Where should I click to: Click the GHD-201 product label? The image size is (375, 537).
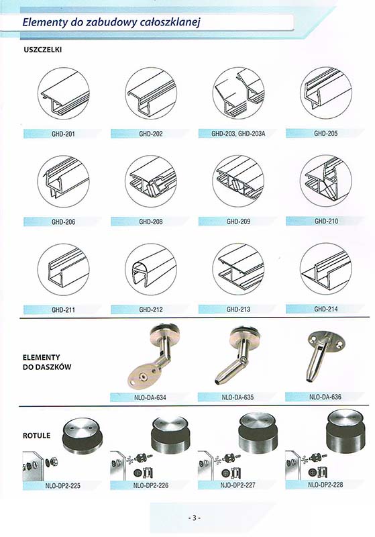tap(63, 134)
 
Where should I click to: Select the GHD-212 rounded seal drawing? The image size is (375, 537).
tap(150, 269)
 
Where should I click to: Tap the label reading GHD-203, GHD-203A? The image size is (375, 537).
tap(238, 134)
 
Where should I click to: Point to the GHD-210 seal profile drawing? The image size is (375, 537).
tap(326, 181)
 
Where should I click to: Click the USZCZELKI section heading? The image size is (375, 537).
tap(42, 50)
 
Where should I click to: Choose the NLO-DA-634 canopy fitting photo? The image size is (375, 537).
tap(152, 356)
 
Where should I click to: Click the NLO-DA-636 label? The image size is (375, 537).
tap(325, 397)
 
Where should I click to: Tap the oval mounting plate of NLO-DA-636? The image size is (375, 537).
tap(325, 340)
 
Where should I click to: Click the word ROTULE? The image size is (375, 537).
tap(37, 436)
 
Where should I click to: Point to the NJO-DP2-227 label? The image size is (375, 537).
tap(237, 485)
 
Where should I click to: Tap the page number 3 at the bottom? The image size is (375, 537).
tap(194, 518)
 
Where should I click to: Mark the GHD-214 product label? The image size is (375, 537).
tap(326, 309)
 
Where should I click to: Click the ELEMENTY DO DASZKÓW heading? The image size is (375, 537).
tap(47, 362)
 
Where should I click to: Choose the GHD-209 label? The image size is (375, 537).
tap(238, 222)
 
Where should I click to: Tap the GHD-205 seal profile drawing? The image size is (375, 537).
tap(326, 93)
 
